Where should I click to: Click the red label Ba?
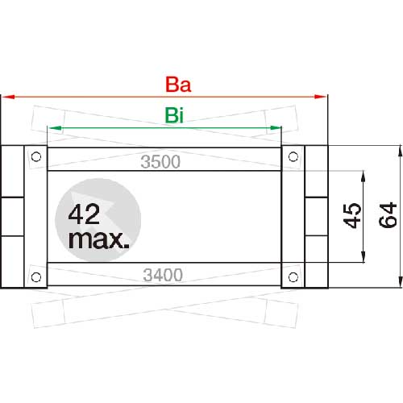pos(178,85)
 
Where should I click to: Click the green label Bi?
pos(174,115)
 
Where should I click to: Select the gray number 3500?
pos(160,162)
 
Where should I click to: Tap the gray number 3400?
pos(163,275)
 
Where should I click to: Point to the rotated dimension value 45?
pos(352,216)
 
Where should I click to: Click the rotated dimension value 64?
pos(388,215)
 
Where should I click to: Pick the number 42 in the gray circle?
pos(84,214)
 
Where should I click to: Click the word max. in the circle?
pos(99,239)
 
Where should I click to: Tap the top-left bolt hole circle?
pos(36,156)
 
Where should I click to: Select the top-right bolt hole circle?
pos(293,156)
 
